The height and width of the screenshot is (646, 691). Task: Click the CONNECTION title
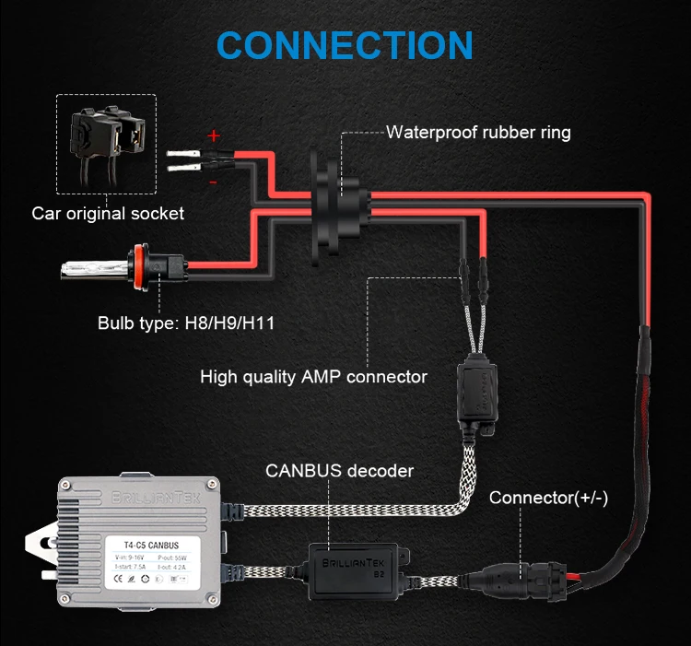click(345, 46)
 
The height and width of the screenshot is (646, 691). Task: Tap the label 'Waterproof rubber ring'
click(478, 133)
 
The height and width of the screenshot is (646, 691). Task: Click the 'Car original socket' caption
click(108, 214)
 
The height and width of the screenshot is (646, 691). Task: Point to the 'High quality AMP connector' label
click(313, 377)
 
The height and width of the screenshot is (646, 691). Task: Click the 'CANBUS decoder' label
click(339, 471)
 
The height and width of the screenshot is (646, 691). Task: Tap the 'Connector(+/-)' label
click(561, 499)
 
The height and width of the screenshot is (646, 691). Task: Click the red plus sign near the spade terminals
click(215, 136)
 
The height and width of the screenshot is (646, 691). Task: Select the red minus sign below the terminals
click(213, 183)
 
